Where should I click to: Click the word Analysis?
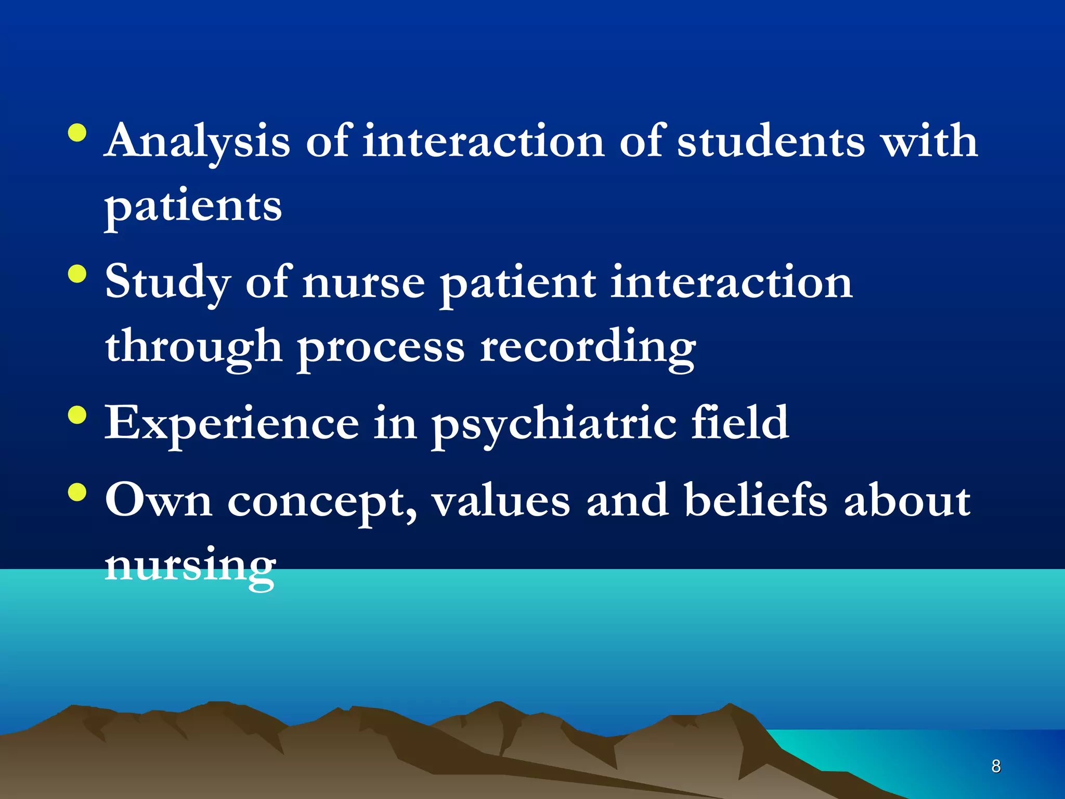pos(197,141)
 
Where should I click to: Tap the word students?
pos(771,141)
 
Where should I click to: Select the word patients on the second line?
pos(193,206)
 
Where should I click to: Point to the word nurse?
pos(363,282)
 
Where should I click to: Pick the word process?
pos(381,347)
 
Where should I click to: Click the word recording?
pos(588,347)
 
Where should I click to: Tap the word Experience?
pos(232,423)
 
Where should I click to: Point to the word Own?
pos(159,500)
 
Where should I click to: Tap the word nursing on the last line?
pos(190,565)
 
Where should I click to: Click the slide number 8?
pos(996,766)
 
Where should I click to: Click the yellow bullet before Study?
pos(77,274)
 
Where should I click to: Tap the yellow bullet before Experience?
pos(77,415)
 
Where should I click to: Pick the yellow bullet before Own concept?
pos(77,492)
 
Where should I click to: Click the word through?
pos(193,347)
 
